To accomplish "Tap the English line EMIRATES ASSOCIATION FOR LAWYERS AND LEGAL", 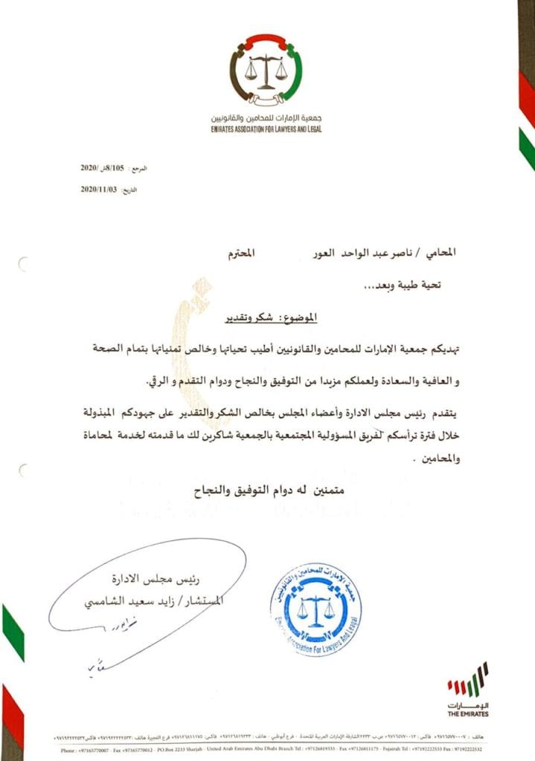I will [x=266, y=129].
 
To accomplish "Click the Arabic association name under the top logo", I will [x=266, y=120].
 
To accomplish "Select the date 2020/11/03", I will [x=99, y=190].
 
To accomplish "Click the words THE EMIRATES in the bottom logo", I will [x=468, y=713].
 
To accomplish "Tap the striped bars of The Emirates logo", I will [x=467, y=679].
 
